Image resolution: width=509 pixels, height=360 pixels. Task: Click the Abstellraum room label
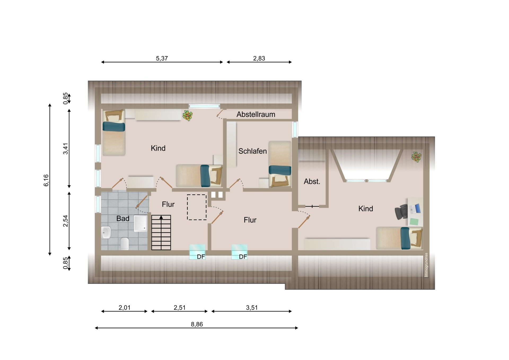256,114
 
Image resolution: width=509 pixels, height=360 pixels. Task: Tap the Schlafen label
252,151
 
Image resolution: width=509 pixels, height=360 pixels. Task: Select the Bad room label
123,219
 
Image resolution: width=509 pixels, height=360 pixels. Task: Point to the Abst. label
312,181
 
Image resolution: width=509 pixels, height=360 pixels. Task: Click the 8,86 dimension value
197,324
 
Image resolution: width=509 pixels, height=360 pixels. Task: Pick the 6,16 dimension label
46,180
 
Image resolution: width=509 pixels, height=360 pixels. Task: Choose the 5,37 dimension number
162,58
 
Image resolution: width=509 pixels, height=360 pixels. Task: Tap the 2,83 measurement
259,58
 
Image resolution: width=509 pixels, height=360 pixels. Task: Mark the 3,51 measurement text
252,307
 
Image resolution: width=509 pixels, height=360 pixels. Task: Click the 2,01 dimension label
124,307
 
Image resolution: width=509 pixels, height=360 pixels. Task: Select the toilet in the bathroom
125,244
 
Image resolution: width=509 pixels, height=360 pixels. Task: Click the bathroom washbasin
106,232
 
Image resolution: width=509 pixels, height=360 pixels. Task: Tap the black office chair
401,212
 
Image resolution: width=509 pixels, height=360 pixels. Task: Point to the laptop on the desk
415,209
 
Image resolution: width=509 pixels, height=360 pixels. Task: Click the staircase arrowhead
161,217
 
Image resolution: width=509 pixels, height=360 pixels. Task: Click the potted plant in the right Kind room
416,157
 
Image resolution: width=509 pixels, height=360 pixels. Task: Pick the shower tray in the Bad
141,223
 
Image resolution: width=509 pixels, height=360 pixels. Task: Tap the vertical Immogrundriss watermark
426,265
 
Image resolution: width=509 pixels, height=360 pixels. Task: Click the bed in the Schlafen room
280,164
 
